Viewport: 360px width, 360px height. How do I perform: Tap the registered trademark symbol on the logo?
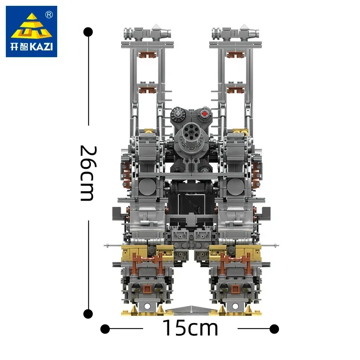pos(49,14)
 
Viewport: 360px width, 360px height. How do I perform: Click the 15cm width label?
pos(189,328)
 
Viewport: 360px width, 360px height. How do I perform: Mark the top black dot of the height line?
pos(89,32)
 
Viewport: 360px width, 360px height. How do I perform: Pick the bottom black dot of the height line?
pos(89,313)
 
